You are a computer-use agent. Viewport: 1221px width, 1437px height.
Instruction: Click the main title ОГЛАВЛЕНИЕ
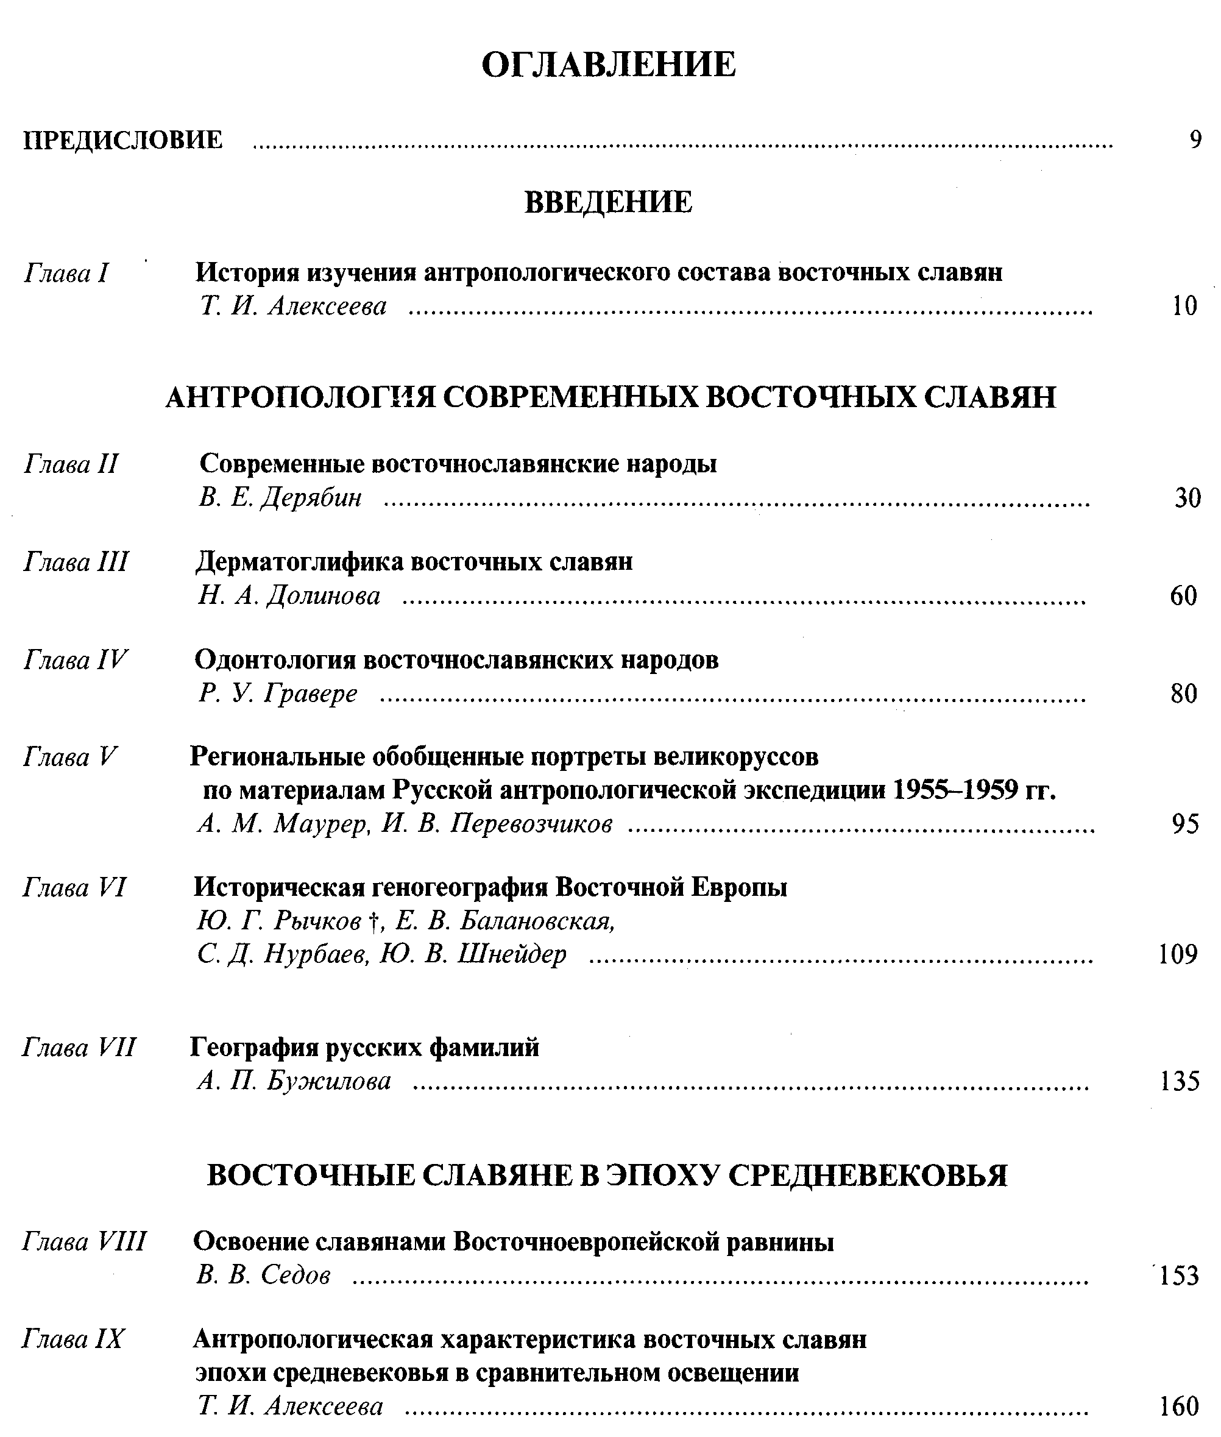pos(609,65)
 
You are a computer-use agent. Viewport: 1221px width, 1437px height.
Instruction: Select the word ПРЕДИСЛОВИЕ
pos(123,141)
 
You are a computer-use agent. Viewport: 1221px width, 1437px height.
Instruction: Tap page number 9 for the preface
pos(1195,141)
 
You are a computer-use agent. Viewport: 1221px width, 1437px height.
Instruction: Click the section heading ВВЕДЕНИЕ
pos(609,202)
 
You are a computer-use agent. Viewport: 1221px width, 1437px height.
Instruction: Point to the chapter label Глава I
pos(66,274)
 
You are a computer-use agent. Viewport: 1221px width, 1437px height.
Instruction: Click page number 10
pos(1184,306)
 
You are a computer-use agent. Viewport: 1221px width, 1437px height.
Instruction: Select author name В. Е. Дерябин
pos(280,498)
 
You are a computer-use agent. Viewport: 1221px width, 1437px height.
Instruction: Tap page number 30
pos(1187,499)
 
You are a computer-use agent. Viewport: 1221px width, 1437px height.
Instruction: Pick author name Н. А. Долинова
pos(289,595)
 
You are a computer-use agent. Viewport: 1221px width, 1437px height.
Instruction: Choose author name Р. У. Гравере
pos(278,694)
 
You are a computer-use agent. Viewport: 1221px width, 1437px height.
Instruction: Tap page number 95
pos(1186,825)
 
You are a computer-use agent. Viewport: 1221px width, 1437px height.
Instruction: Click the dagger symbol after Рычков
pos(373,922)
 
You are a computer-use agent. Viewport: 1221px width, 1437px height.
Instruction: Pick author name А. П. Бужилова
pos(294,1081)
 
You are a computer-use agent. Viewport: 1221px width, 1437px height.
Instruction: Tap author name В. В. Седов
pos(263,1275)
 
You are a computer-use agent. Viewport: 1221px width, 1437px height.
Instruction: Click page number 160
pos(1179,1407)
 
